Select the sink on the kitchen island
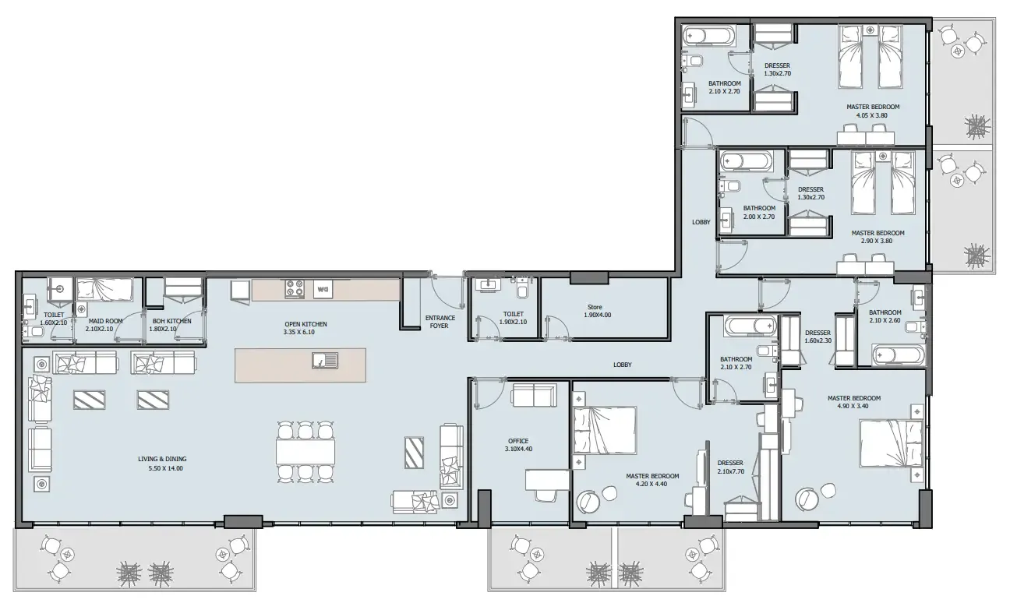tap(323, 360)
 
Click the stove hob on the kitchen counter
tap(295, 289)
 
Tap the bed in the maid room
tap(104, 290)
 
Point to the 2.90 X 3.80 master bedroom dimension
tap(877, 241)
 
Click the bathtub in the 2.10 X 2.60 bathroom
tap(898, 356)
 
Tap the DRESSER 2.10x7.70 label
tap(731, 466)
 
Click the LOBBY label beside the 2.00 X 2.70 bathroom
tap(701, 222)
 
